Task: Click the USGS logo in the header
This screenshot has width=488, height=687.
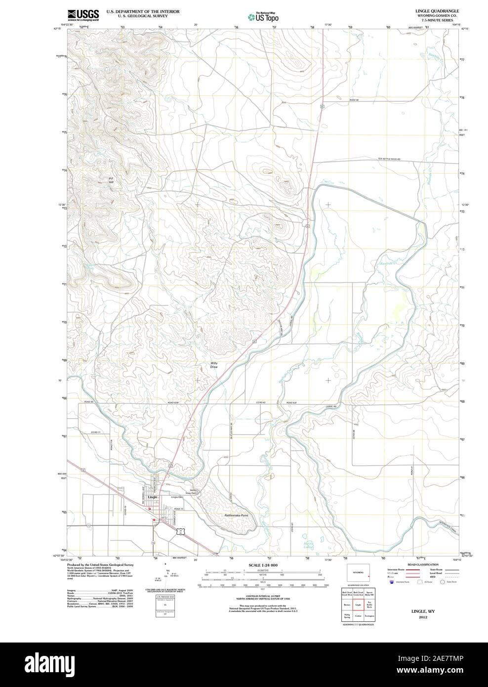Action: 83,14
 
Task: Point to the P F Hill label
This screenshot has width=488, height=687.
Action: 111,180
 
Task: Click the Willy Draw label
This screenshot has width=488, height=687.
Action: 214,365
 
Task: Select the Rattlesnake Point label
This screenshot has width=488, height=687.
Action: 237,515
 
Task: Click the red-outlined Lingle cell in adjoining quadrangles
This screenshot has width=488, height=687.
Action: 358,604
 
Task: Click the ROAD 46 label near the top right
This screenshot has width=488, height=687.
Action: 353,100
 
